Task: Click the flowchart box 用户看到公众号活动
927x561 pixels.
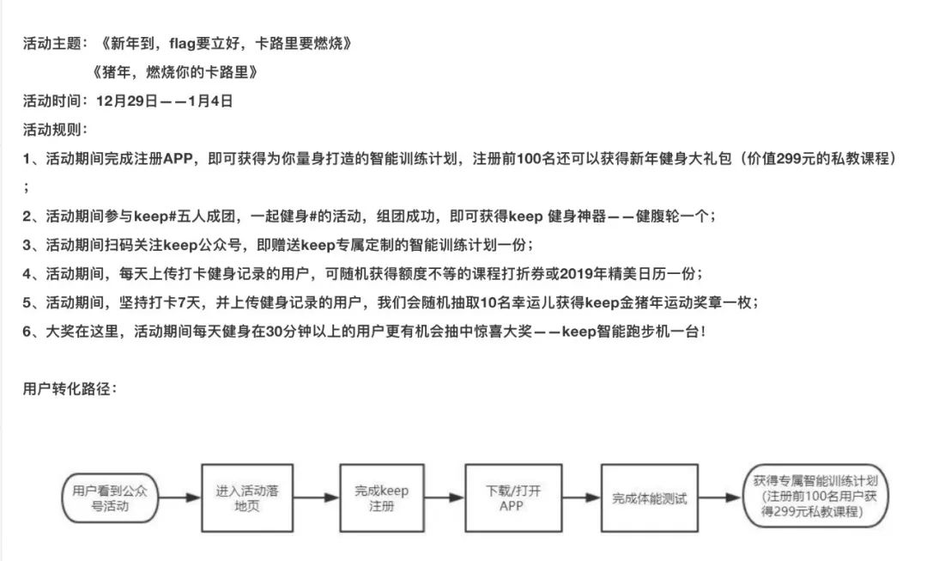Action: tap(110, 497)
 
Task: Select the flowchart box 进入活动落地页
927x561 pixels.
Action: tap(247, 497)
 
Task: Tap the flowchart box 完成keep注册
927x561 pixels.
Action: tap(382, 497)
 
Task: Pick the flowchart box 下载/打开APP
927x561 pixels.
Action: tap(513, 497)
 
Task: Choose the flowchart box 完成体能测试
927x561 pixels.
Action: tap(650, 497)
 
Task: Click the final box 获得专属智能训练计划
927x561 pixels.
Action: tap(815, 496)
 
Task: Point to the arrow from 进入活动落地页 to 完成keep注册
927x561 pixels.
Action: tap(316, 497)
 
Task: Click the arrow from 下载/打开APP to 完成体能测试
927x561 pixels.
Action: tap(581, 497)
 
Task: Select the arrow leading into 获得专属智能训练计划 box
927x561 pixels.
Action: tap(720, 497)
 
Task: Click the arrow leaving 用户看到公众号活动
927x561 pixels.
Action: tap(179, 497)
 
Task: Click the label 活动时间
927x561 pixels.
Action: tap(51, 101)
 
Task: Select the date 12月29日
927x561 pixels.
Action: tap(127, 101)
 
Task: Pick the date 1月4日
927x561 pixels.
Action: tap(210, 101)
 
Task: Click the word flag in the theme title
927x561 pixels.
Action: tap(182, 44)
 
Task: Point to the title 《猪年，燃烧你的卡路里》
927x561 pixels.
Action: tap(175, 72)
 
